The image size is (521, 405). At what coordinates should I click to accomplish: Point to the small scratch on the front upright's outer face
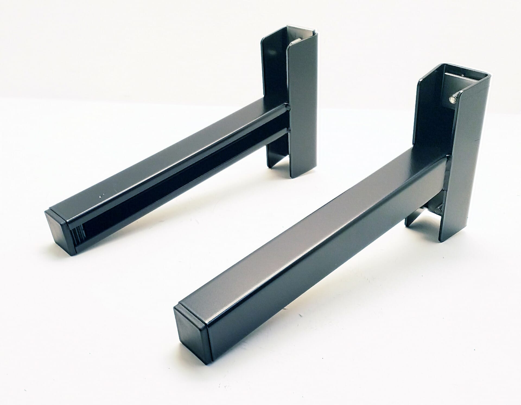coord(476,141)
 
